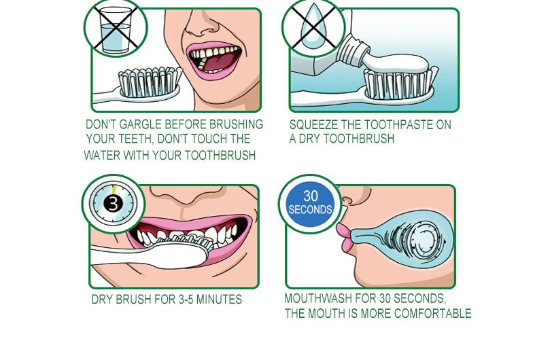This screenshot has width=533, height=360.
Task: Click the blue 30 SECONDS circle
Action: [310, 204]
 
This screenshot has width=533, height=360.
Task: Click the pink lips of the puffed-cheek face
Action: [344, 238]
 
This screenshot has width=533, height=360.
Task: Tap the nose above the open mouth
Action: [201, 24]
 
